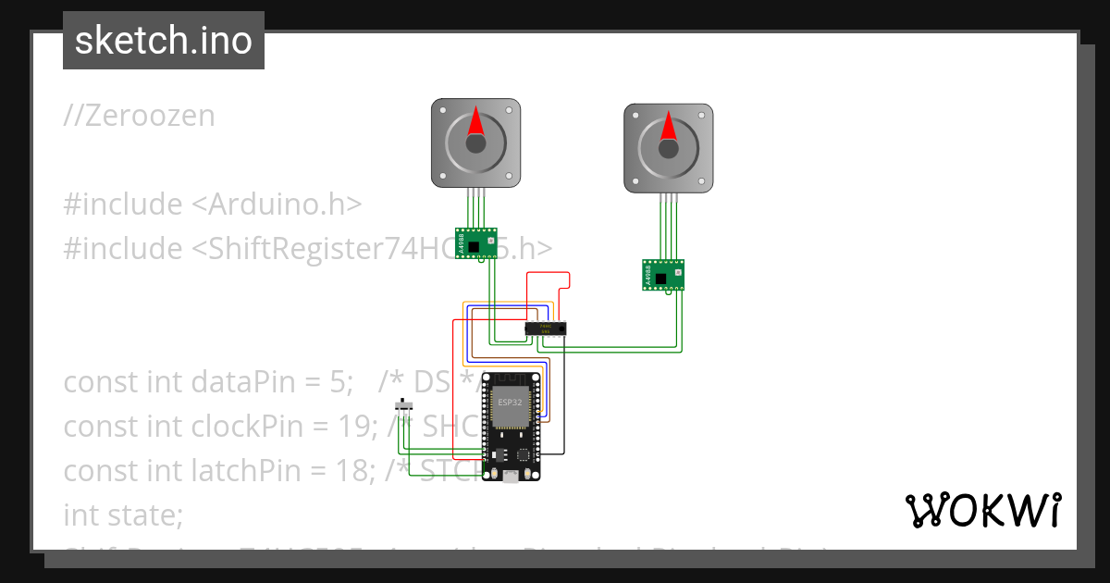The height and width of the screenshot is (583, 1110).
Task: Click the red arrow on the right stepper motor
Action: pyautogui.click(x=668, y=125)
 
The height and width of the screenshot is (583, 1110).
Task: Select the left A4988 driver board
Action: pyautogui.click(x=476, y=242)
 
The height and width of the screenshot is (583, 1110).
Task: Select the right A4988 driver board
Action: pyautogui.click(x=663, y=274)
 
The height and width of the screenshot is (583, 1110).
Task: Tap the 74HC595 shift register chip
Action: pyautogui.click(x=545, y=328)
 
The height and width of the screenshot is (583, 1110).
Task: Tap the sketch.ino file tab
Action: pyautogui.click(x=164, y=41)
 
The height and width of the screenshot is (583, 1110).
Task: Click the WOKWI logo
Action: pyautogui.click(x=982, y=510)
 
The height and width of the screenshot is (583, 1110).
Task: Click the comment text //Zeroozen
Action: pyautogui.click(x=139, y=116)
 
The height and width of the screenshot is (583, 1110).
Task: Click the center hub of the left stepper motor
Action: pyautogui.click(x=475, y=143)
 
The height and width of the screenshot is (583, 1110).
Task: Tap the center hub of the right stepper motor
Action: pyautogui.click(x=668, y=146)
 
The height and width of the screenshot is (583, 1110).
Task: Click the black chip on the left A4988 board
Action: pyautogui.click(x=474, y=246)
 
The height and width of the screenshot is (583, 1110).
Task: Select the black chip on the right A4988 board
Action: pyautogui.click(x=660, y=278)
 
